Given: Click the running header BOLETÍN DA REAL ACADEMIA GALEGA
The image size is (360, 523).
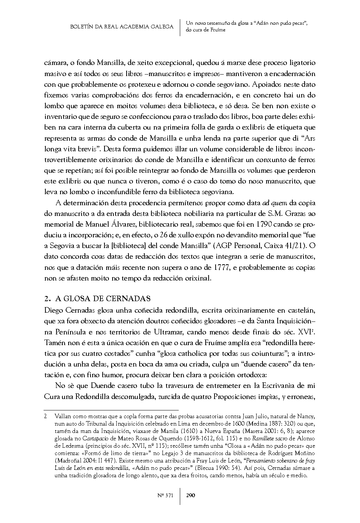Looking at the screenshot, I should [122, 27].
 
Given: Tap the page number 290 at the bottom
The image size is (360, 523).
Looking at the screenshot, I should [191, 495].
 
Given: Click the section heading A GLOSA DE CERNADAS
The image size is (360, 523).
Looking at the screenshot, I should [103, 298].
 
